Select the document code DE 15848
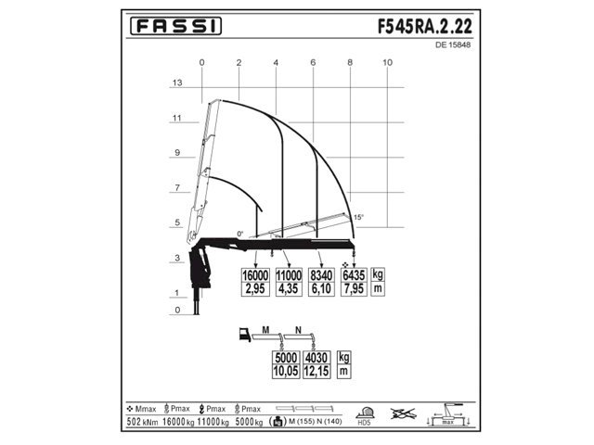(x=452, y=44)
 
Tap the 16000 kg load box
(x=255, y=275)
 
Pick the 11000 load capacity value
(x=289, y=275)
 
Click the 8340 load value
(x=321, y=275)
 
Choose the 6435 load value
(x=354, y=275)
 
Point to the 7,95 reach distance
(x=354, y=289)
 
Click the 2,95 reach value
(x=255, y=289)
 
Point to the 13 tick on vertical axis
(x=175, y=83)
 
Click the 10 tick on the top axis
(x=387, y=62)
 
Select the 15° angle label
(x=358, y=217)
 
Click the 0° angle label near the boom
(x=240, y=234)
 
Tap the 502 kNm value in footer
(x=142, y=423)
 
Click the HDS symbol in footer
(x=367, y=418)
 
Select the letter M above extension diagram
(x=265, y=330)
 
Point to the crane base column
(x=195, y=297)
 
